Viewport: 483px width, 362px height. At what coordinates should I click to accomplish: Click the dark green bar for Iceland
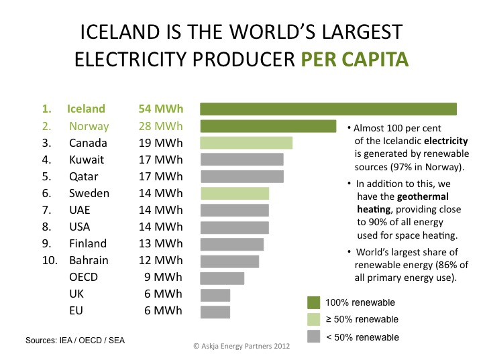point(328,109)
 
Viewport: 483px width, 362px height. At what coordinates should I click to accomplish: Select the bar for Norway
point(268,126)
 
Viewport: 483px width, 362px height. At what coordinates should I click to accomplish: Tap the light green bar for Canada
point(247,143)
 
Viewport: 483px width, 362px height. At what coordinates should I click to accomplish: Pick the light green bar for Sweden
point(235,193)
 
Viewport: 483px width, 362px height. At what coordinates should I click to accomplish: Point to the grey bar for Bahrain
point(230,261)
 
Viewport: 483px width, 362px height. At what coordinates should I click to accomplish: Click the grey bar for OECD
point(223,278)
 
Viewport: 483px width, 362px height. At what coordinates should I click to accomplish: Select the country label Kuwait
point(87,160)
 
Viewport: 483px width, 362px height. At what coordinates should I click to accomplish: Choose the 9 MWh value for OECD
point(163,278)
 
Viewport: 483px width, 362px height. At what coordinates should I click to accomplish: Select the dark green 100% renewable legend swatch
point(313,302)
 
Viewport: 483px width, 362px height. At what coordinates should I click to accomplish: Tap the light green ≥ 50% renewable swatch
point(313,319)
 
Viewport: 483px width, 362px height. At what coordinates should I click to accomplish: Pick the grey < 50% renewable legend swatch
point(313,337)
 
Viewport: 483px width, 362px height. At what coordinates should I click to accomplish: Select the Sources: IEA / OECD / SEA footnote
point(75,341)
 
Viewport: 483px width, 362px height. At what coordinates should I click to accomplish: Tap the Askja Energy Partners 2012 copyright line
point(241,347)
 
